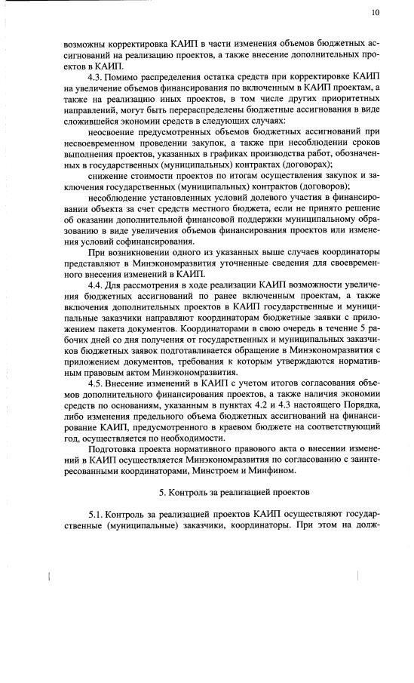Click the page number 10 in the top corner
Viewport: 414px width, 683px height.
(376, 13)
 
